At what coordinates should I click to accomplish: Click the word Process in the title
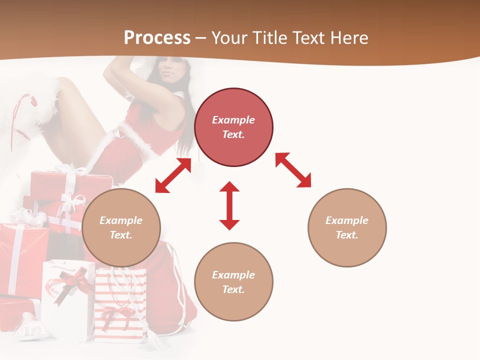[157, 38]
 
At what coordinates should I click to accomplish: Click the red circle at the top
[233, 100]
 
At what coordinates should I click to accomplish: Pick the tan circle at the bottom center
[233, 305]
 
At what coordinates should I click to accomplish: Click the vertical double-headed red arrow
[229, 205]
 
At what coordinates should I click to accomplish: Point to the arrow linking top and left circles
[173, 175]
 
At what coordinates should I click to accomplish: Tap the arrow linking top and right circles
[293, 170]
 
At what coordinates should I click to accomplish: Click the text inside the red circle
[233, 127]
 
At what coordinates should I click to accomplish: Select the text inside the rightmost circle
[347, 227]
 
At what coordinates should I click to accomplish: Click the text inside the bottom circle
[233, 282]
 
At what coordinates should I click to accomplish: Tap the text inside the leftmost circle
[121, 227]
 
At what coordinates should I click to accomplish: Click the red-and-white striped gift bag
[120, 305]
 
